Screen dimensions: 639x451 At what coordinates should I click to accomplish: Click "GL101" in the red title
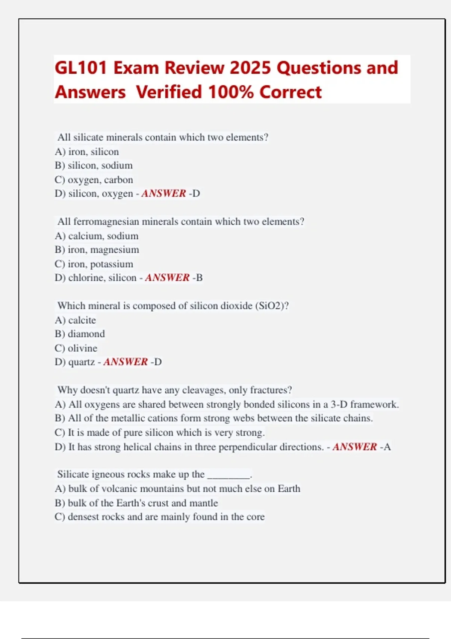pos(81,68)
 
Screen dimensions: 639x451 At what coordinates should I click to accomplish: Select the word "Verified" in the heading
pos(169,92)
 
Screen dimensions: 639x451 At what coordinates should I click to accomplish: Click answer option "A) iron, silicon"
pos(87,152)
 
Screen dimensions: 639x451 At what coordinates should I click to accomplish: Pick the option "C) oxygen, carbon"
pos(94,180)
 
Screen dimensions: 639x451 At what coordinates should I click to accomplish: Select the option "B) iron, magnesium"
pos(97,250)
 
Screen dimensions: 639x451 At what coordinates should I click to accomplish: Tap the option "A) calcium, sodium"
pos(97,236)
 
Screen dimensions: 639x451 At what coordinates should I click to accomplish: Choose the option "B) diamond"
pos(80,334)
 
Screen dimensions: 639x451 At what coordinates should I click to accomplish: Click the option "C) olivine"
pos(76,348)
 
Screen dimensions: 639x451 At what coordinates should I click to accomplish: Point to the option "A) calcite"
pos(75,320)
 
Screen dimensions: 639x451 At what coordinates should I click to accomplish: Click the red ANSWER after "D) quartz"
pos(126,362)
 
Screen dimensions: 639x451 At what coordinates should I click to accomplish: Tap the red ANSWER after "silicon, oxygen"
pos(163,194)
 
